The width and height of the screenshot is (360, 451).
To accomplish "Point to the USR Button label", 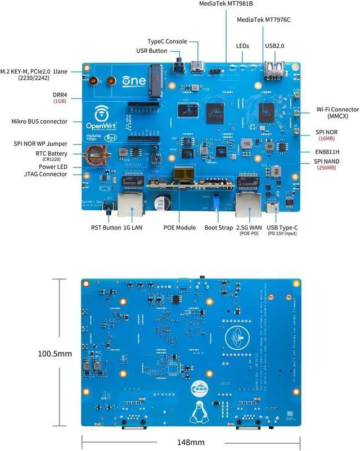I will (x=151, y=51).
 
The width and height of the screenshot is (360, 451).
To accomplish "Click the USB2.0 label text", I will (x=276, y=46).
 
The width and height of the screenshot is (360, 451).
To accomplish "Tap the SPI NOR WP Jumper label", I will (x=42, y=143).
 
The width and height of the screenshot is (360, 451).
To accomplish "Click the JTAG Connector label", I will (x=45, y=174).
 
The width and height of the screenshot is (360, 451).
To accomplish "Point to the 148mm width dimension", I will (x=190, y=442).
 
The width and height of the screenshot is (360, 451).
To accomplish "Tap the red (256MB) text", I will (x=326, y=168).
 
